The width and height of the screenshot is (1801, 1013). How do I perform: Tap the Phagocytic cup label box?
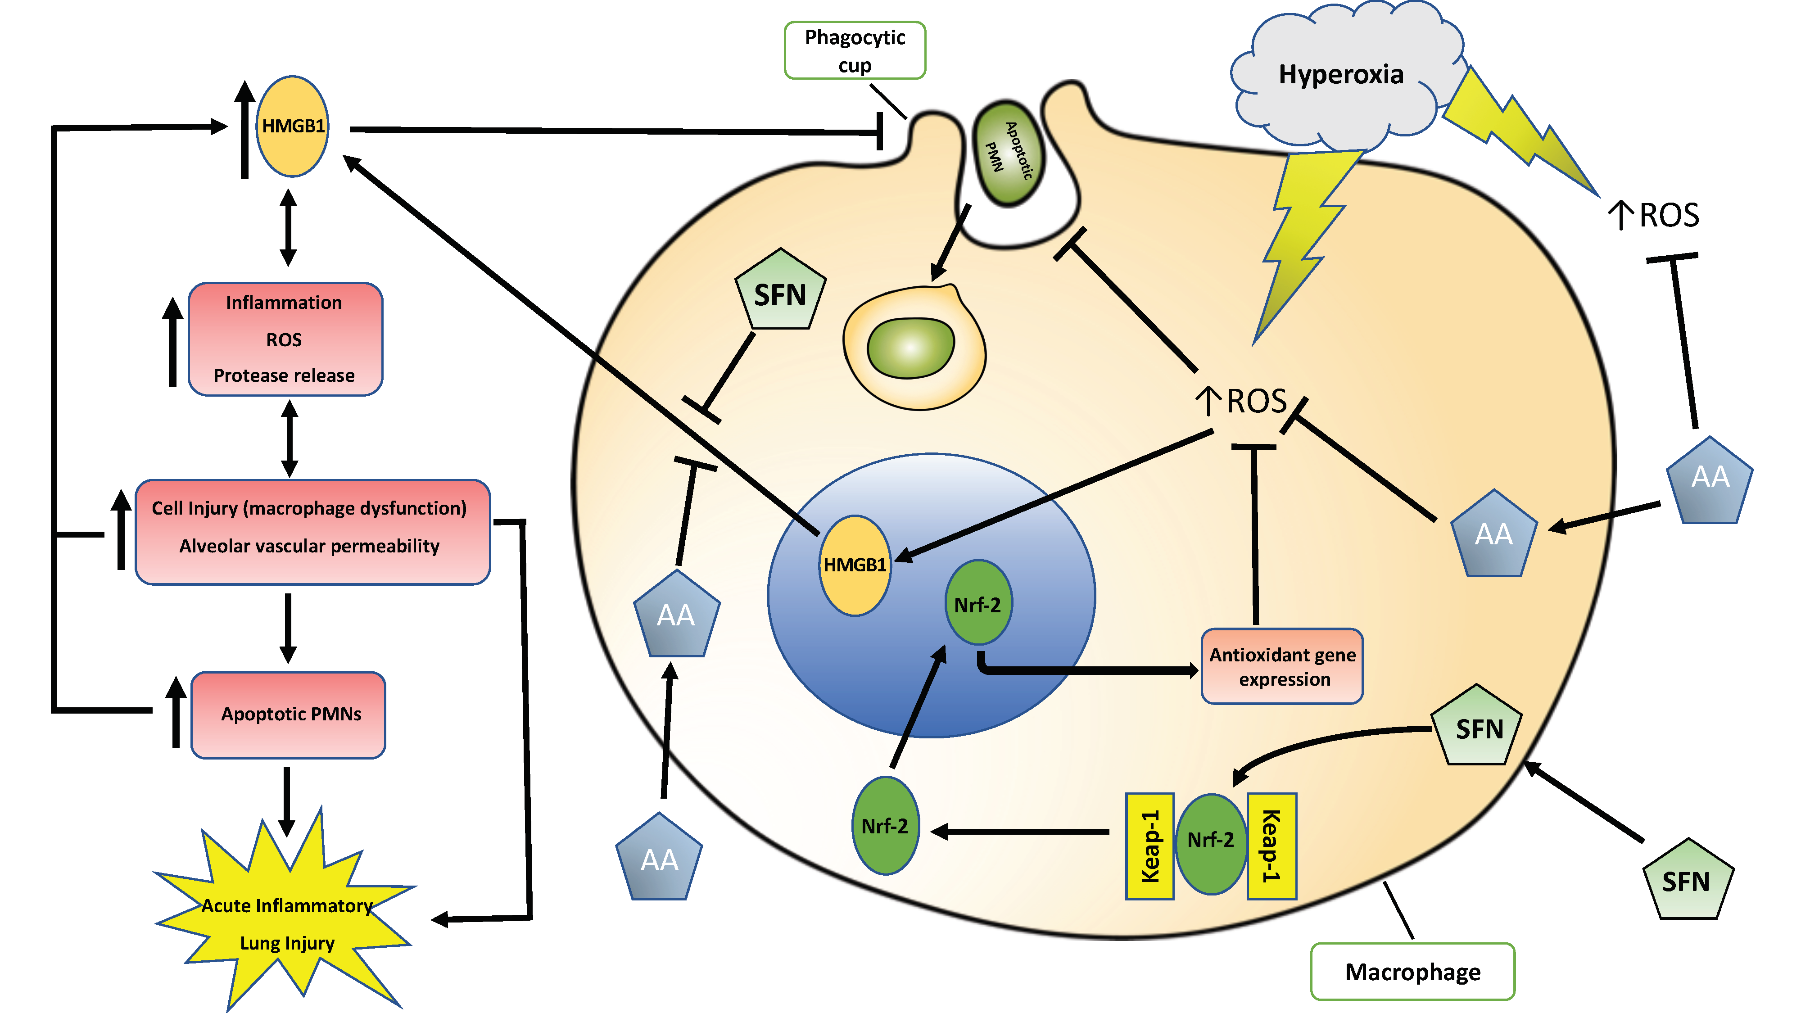[x=855, y=50]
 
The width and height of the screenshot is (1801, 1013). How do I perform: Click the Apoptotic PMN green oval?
[x=1008, y=153]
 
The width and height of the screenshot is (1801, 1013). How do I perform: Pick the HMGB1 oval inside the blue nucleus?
[x=855, y=565]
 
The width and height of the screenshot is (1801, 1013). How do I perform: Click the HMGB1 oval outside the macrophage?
[x=292, y=127]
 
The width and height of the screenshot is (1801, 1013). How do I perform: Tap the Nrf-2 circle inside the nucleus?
[x=977, y=603]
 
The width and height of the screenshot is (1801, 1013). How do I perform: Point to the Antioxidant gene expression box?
[x=1282, y=666]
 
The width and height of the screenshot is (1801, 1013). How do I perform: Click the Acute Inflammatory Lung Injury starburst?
[x=287, y=923]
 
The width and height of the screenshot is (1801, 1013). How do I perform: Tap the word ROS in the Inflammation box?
[x=284, y=340]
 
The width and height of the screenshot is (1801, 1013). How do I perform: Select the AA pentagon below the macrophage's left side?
[x=659, y=859]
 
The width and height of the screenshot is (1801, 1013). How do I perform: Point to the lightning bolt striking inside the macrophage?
[x=1300, y=238]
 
